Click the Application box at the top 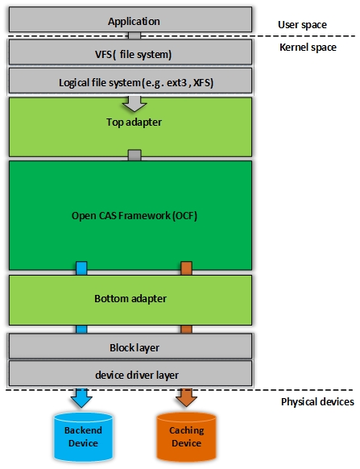(133, 22)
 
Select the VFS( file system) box (133, 54)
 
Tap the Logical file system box (133, 82)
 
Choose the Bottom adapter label (130, 298)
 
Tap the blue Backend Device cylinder (81, 438)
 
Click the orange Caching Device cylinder (186, 438)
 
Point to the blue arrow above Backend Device (81, 397)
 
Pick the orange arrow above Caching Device (186, 397)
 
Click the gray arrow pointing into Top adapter (134, 103)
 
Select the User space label (303, 25)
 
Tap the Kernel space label (306, 48)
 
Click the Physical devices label (317, 401)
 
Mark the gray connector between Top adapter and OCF (134, 155)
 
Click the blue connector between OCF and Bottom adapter (81, 268)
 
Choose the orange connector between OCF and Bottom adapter (186, 268)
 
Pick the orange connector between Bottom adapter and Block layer (186, 329)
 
